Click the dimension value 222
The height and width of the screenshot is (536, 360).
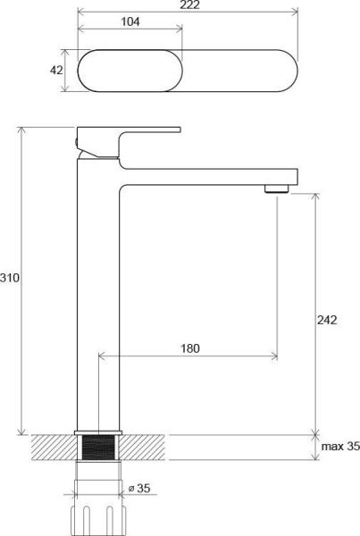pos(187,5)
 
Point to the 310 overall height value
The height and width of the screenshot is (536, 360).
pos(10,278)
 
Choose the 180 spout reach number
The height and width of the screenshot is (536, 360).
pos(188,347)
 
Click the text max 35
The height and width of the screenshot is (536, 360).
pos(340,447)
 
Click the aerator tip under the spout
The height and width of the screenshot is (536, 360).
pos(277,188)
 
